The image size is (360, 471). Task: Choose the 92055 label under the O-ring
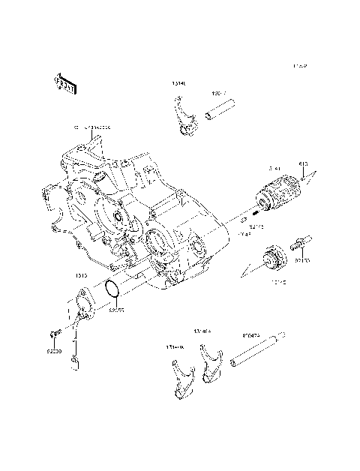click(x=116, y=308)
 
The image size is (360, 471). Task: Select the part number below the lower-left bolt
click(x=52, y=350)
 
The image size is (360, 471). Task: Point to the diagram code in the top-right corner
click(x=301, y=66)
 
